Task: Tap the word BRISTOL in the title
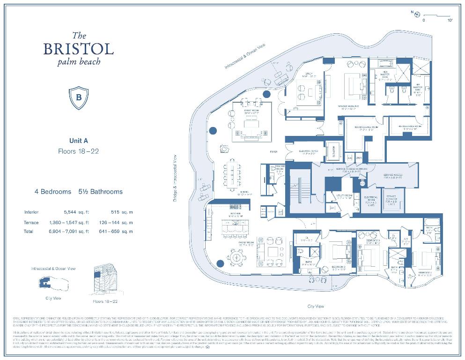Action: point(79,49)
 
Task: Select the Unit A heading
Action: point(78,141)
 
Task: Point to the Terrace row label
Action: point(31,222)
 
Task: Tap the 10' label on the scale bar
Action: point(450,21)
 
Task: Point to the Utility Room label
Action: point(344,196)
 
